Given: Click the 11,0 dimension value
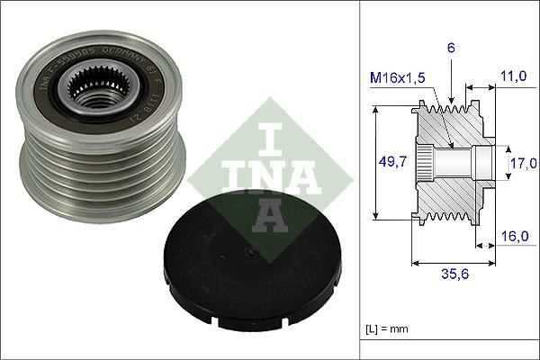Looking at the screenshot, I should click(515, 78).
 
